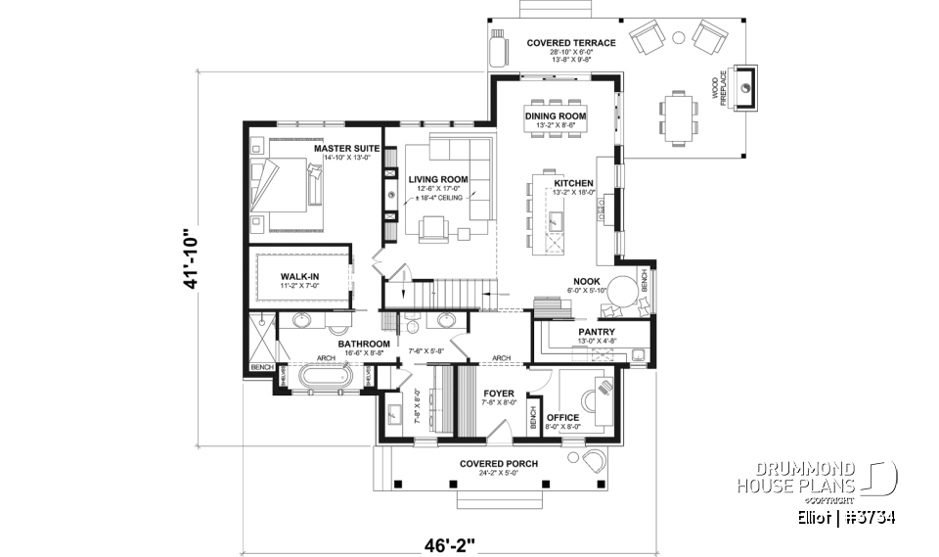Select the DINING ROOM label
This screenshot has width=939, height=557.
pos(555,116)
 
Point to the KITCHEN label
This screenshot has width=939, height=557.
pos(573,183)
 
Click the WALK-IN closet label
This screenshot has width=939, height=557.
pos(300,277)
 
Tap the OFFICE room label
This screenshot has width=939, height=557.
pos(562,417)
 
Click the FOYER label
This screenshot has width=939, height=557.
pos(499,393)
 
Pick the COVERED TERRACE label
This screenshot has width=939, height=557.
pos(570,43)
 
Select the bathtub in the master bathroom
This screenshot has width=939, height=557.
pos(328,377)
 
